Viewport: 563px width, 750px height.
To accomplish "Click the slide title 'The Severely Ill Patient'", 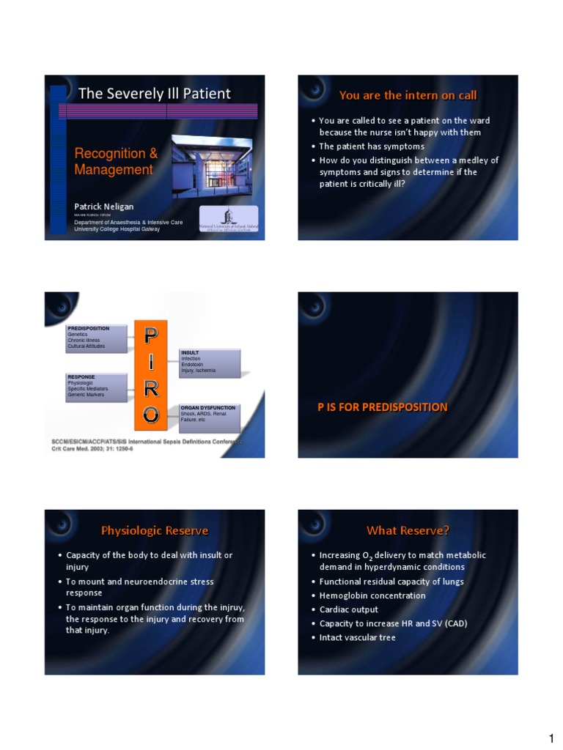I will coord(154,94).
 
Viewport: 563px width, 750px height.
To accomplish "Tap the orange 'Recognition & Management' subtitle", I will coord(116,161).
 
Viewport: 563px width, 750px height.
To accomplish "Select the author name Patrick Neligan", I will coord(103,207).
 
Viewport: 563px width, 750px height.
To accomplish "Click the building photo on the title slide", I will coord(212,166).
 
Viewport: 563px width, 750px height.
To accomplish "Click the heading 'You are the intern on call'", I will coord(408,95).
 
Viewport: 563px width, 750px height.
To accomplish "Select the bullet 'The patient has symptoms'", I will coord(372,146).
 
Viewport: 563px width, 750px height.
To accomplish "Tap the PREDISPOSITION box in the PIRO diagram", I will coord(96,337).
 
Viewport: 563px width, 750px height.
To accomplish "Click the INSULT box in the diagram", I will coord(210,362).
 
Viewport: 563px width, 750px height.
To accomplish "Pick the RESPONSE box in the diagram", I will coord(96,386).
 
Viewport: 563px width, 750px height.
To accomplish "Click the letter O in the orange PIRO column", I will coord(150,415).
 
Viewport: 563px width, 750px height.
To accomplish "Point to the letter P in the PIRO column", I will coord(150,336).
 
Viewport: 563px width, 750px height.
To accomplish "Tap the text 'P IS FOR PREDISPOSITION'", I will coord(382,407).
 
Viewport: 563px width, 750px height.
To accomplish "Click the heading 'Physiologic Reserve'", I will coord(155,530).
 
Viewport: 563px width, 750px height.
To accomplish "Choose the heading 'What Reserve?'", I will coord(408,530).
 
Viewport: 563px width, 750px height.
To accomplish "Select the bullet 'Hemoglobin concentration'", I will coord(372,595).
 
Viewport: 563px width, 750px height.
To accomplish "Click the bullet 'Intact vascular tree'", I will coord(358,637).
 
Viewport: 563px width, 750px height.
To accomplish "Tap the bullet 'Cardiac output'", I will coord(349,609).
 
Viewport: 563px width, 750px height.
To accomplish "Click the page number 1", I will coord(550,738).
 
